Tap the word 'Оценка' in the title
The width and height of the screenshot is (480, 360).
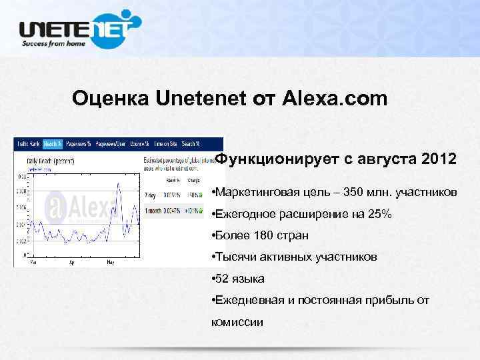coord(111,99)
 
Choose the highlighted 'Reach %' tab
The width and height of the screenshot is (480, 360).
coord(52,143)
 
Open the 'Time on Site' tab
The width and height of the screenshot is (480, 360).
coord(165,143)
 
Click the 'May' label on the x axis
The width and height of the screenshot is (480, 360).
coord(111,264)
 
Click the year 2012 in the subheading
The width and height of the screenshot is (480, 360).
coord(439,160)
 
